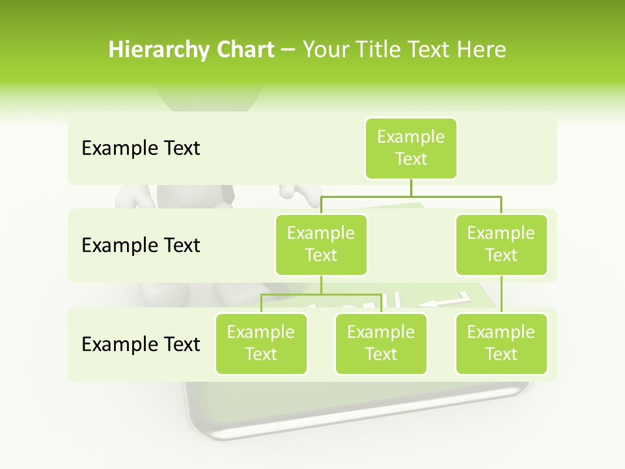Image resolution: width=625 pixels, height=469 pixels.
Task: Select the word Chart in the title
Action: tap(243, 50)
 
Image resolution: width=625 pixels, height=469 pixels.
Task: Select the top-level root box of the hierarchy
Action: tap(411, 148)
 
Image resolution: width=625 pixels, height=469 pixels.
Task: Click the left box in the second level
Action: tap(321, 244)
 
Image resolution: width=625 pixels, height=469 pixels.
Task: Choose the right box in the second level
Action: tap(501, 244)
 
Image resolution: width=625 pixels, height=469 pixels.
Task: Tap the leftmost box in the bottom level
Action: tap(261, 343)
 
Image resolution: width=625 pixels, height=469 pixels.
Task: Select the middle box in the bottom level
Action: tap(381, 343)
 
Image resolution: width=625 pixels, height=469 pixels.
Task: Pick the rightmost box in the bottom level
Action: tap(501, 343)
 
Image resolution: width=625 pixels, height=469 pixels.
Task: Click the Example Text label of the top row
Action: tap(141, 149)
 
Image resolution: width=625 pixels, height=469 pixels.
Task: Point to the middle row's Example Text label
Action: tap(141, 246)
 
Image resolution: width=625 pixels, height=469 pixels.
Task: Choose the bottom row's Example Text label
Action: tap(141, 344)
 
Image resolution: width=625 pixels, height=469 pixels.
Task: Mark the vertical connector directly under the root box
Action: tap(411, 187)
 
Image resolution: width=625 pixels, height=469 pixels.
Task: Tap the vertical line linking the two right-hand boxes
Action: tap(501, 294)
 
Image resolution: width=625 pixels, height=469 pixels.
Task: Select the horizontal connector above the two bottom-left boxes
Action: tap(321, 294)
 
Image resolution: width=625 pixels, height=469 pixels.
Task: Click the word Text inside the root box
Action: tap(411, 159)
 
